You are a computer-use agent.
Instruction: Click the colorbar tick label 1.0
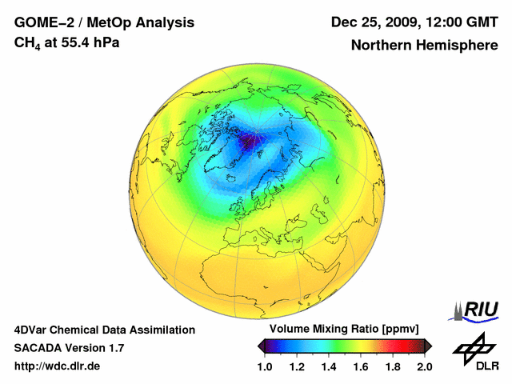pos(265,366)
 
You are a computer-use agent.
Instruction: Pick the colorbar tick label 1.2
pos(297,366)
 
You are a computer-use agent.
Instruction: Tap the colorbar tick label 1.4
pos(329,366)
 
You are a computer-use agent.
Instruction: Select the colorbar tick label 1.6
pos(361,366)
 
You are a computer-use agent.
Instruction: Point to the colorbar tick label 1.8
pos(393,366)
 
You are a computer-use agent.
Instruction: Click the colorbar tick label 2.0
pos(424,366)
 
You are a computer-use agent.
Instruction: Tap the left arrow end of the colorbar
pos(260,346)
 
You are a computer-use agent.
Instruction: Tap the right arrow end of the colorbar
pos(429,346)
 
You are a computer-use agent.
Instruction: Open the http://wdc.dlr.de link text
pos(58,366)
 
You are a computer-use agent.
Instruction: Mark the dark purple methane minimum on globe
pos(250,142)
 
